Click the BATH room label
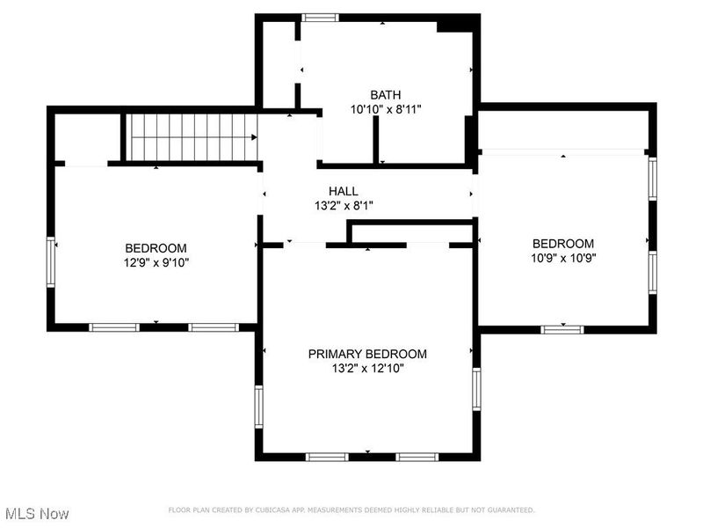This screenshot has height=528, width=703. tap(385, 95)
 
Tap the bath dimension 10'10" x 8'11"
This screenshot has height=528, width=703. tap(385, 110)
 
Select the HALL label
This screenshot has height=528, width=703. tap(343, 191)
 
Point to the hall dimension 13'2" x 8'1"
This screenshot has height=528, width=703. tap(343, 205)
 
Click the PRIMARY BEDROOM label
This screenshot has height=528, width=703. tap(367, 354)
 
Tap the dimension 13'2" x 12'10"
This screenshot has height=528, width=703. tap(367, 369)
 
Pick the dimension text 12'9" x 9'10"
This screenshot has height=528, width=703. tap(156, 262)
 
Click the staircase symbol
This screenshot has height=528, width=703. tap(192, 137)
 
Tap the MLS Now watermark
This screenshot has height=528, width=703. tap(37, 513)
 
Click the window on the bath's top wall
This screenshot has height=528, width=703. tap(320, 17)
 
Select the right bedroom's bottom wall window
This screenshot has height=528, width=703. tap(562, 329)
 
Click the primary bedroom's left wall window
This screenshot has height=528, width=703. tap(259, 406)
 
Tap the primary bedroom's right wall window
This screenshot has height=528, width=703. tap(477, 389)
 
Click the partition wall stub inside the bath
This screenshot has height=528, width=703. tap(375, 139)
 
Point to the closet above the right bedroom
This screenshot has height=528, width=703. tap(562, 129)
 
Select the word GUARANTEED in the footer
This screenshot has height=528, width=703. tap(511, 510)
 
